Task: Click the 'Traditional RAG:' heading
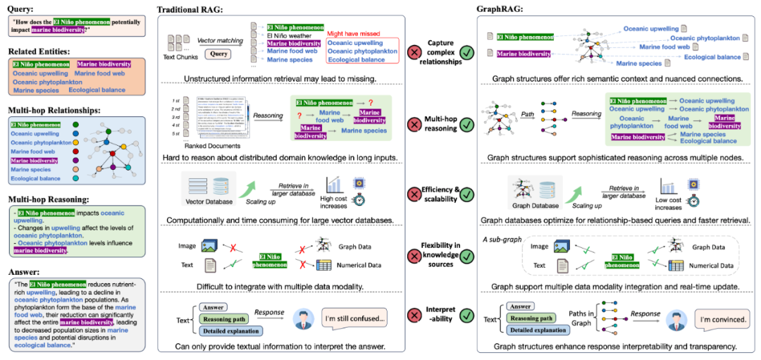(x=192, y=9)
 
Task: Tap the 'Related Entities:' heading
(x=40, y=50)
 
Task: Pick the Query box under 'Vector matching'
(x=219, y=54)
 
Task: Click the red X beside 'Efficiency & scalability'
(x=414, y=194)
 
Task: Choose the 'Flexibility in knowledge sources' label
(x=440, y=254)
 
